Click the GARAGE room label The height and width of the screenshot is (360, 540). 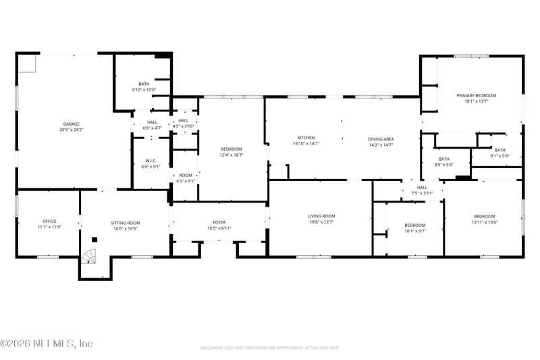pos(72,124)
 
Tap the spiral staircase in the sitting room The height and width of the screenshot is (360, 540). pos(89,257)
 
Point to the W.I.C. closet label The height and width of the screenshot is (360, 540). pos(151,161)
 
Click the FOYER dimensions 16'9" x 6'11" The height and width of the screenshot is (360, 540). pos(219,228)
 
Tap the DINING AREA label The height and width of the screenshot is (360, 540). pos(381,138)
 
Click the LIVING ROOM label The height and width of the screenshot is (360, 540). pos(321,216)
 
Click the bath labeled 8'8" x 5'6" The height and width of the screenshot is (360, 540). pos(443,159)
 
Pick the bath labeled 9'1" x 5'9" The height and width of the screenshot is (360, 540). pos(500,150)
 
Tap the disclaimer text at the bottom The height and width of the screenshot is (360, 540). pos(269,348)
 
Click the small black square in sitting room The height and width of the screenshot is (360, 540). pos(95,239)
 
